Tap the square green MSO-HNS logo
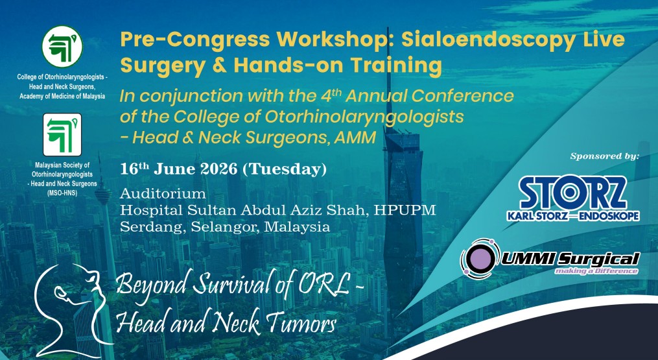(x=62, y=135)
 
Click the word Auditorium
(x=163, y=193)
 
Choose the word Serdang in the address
(x=147, y=227)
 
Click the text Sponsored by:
(x=604, y=156)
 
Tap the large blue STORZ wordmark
(x=572, y=193)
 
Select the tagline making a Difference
(x=596, y=270)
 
